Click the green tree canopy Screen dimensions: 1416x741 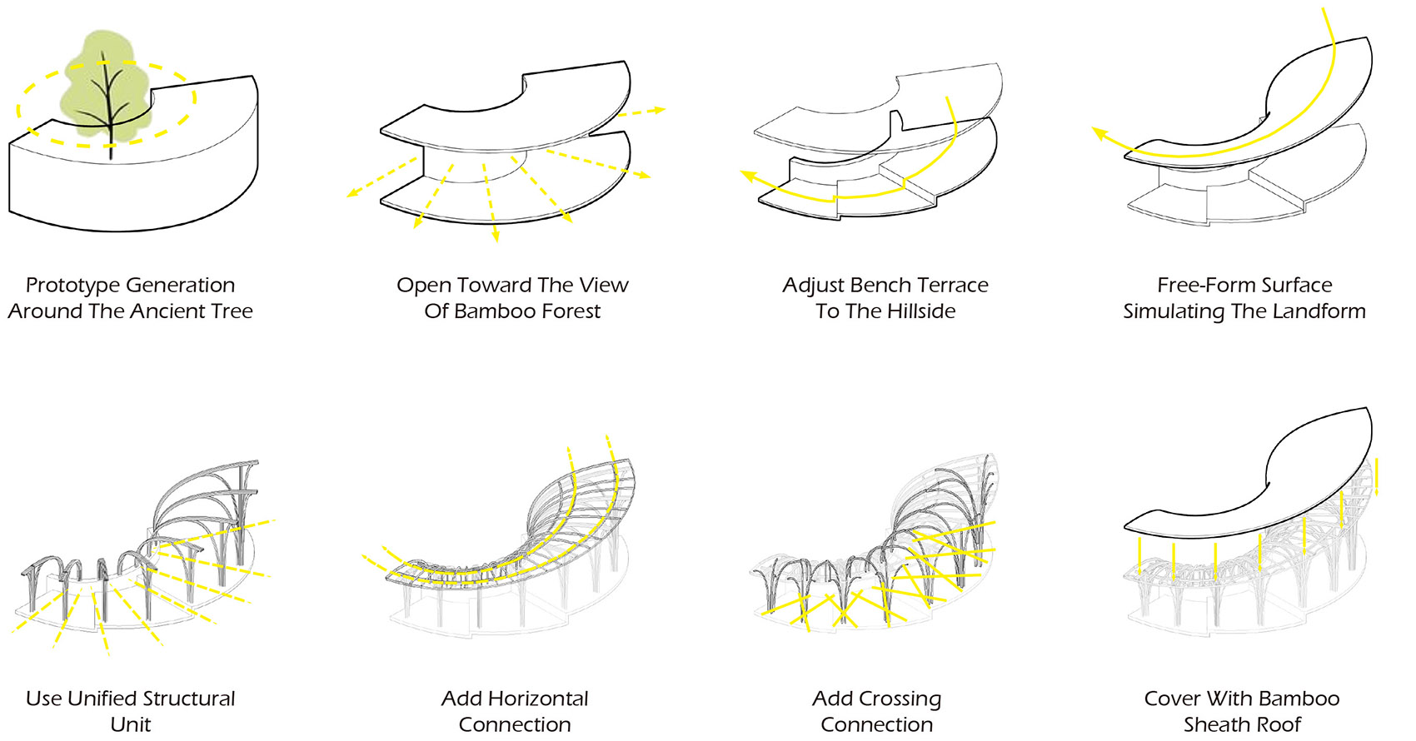click(104, 85)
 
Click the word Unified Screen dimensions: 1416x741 click(102, 699)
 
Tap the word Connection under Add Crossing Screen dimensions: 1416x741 click(877, 724)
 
